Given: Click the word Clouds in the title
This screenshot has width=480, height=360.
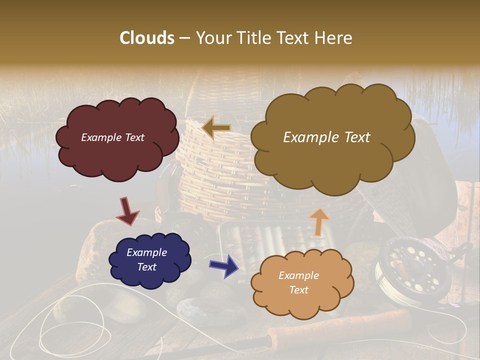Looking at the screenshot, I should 147,38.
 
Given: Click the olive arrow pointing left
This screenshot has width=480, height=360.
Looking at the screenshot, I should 216,128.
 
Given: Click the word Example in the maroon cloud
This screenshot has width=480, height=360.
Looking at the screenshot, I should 98,137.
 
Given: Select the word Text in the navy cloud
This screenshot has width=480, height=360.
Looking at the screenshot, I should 146,267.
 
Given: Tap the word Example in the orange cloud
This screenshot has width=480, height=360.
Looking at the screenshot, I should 298,275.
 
